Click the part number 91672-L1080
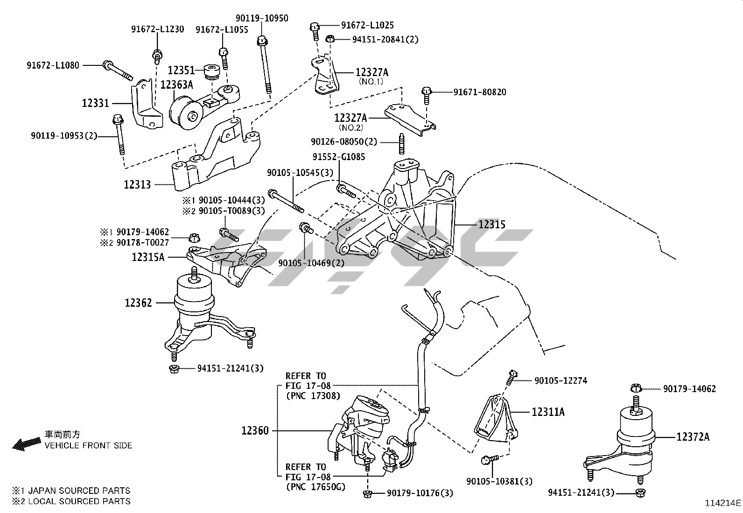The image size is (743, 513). point(53,65)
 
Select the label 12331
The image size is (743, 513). point(95,103)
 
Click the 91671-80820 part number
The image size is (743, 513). point(479,92)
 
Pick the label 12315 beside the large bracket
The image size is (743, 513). point(491,225)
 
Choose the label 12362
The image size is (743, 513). point(138,303)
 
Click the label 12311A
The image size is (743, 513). point(548,412)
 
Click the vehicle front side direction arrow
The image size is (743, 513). point(26,444)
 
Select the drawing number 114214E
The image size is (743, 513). point(723,503)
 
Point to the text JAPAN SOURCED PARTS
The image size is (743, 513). point(79,491)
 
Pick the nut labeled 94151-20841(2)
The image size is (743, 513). point(329,39)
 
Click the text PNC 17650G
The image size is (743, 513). point(315,487)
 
